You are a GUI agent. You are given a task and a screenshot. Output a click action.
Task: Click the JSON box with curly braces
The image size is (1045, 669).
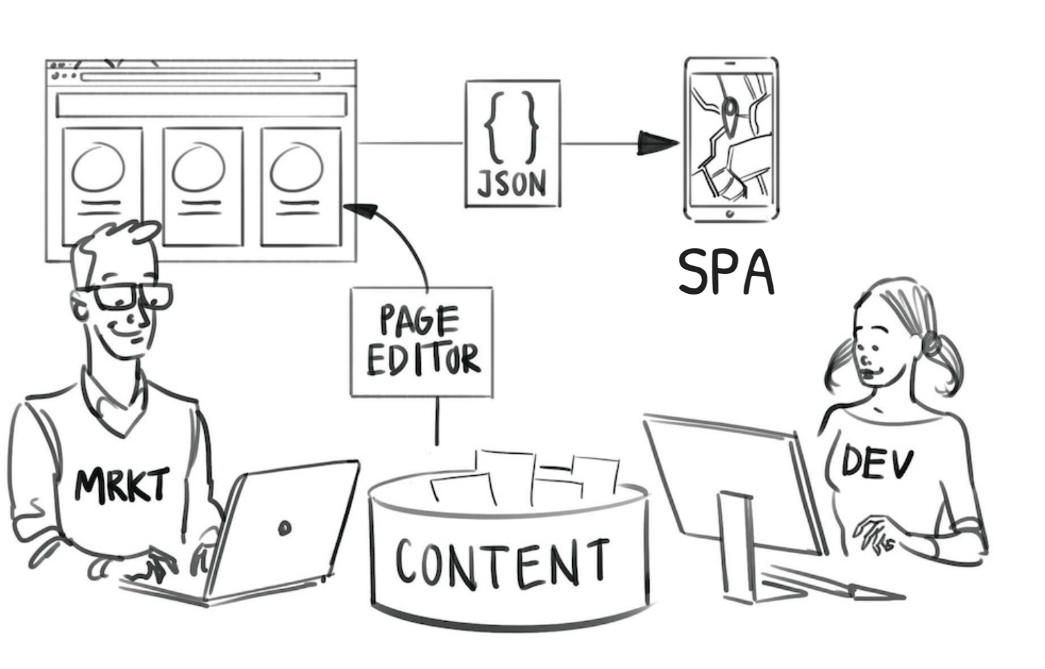point(512,144)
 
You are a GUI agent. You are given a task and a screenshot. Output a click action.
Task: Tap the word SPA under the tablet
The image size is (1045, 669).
point(726,272)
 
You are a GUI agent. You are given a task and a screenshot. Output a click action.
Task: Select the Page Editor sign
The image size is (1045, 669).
point(422,342)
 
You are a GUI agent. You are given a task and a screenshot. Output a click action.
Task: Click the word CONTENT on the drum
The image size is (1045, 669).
point(501,561)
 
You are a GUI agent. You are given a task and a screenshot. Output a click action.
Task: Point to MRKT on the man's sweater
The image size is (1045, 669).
point(122,484)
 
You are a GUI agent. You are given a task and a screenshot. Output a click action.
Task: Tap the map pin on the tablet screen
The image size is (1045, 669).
point(729,111)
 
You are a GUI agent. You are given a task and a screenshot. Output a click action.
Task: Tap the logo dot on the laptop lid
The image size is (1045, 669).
point(284,529)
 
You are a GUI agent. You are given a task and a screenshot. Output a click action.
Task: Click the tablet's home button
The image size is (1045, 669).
point(730,213)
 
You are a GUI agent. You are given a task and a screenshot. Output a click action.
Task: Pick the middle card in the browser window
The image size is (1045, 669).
point(203,186)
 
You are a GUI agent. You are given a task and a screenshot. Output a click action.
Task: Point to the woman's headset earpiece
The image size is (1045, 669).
point(929,343)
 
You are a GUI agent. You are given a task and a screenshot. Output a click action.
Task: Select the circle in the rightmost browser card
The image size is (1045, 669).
point(296,169)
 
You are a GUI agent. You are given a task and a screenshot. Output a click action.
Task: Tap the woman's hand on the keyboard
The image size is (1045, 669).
point(876,533)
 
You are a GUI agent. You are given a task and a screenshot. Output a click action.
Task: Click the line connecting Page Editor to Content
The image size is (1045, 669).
point(437,421)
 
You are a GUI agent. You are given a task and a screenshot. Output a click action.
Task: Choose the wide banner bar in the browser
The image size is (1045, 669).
point(201,105)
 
